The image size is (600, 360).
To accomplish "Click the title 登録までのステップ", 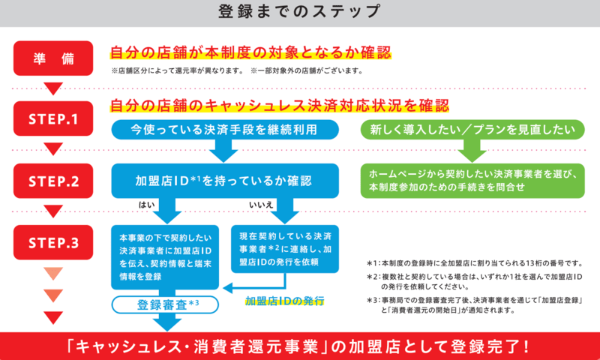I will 299,12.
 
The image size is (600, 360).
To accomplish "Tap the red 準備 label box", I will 52,59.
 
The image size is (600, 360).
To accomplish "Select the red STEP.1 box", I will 52,119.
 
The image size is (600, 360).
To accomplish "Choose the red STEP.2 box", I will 52,181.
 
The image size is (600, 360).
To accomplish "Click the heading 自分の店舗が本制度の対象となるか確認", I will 252,53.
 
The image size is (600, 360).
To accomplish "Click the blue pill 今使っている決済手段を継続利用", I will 223,129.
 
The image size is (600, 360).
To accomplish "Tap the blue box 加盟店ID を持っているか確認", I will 223,181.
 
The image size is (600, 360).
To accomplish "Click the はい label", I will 146,205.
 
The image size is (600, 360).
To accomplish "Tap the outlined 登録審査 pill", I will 166,304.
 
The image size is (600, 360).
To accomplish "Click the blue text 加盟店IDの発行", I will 284,301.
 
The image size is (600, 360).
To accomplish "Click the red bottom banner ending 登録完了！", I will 299,346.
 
